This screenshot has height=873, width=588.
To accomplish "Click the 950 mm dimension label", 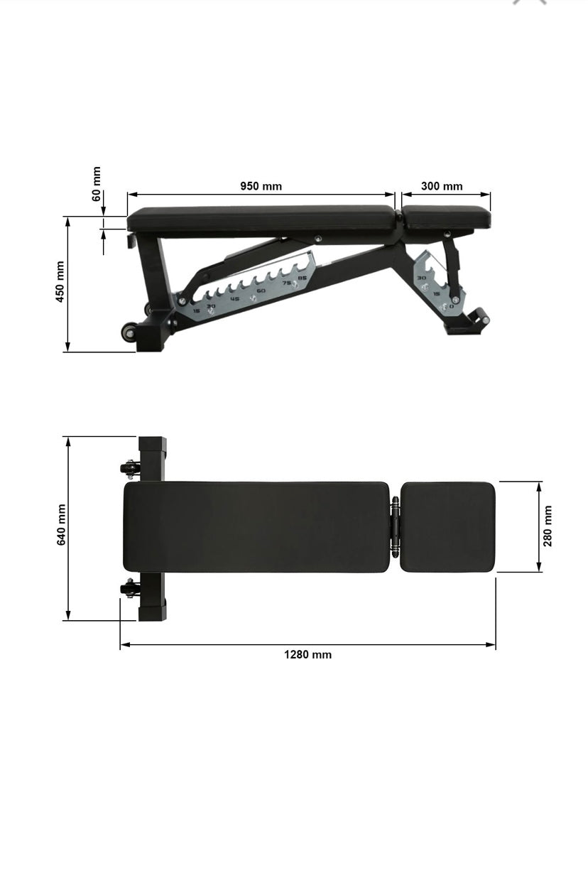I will (x=261, y=186).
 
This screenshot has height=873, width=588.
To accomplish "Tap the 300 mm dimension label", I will (x=442, y=186).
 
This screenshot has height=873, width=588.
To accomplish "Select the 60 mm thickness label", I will (x=97, y=183).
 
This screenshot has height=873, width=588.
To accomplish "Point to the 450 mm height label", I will (x=60, y=282).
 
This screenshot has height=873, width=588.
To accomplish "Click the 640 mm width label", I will (x=61, y=525).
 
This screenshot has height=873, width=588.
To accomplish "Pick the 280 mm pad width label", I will (x=548, y=526).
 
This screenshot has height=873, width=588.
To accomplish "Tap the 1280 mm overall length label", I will (x=307, y=655).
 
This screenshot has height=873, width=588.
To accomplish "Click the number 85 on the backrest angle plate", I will (x=302, y=278).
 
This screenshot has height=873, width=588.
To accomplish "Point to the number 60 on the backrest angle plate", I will (x=261, y=291).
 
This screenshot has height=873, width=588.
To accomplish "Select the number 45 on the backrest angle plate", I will (x=235, y=298).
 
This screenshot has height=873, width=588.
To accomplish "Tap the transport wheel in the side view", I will (x=129, y=334).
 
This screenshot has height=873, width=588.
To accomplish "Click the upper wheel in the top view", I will (x=129, y=467).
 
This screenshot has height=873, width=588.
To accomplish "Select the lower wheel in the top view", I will (x=129, y=588).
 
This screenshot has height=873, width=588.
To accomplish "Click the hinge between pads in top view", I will (x=395, y=526).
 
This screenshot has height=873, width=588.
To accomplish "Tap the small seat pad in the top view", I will (x=447, y=526).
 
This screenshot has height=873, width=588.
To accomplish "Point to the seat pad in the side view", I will (x=446, y=217).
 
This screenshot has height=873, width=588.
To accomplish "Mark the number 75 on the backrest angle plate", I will (x=287, y=283).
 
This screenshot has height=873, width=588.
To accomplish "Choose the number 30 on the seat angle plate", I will (x=421, y=278).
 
